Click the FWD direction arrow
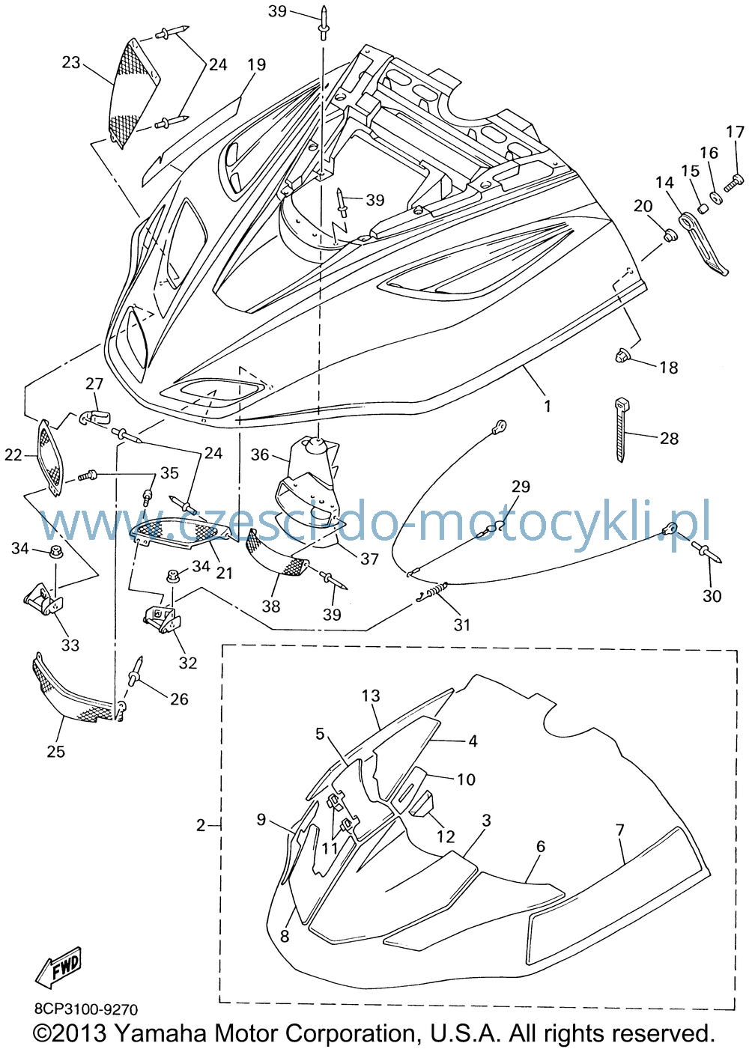(x=58, y=966)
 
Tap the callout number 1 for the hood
(x=548, y=405)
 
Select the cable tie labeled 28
(x=621, y=429)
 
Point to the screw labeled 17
(x=733, y=182)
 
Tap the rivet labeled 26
(x=136, y=672)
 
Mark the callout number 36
(x=260, y=454)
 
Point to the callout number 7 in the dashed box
(x=620, y=830)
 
